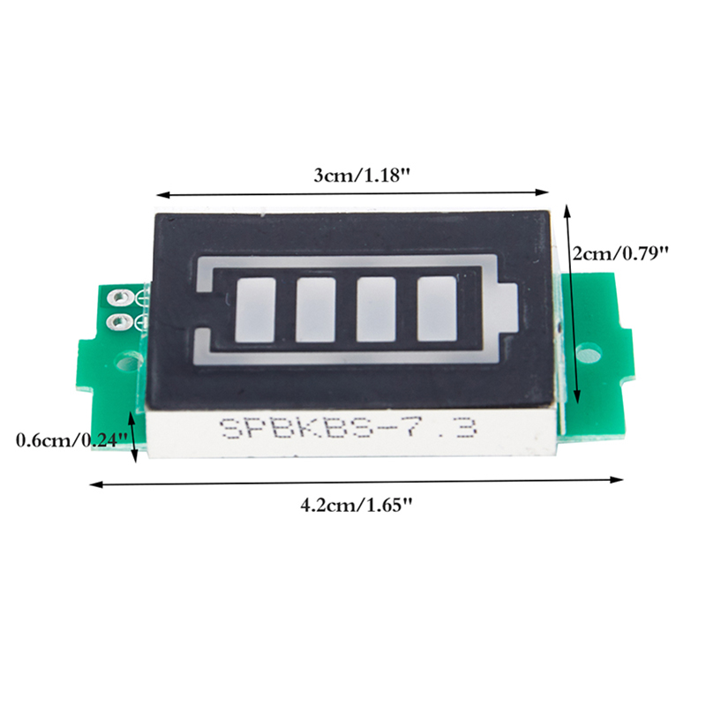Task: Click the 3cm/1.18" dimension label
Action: pos(362,176)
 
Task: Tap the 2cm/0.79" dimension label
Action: pos(620,254)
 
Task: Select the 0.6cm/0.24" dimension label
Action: pos(72,439)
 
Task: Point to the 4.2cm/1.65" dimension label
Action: pos(357,505)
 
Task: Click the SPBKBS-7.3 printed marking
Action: pos(348,428)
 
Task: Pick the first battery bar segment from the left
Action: pos(255,310)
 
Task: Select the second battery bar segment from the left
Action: pos(316,310)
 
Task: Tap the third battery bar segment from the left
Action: pos(376,310)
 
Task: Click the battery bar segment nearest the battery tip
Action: pos(437,308)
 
